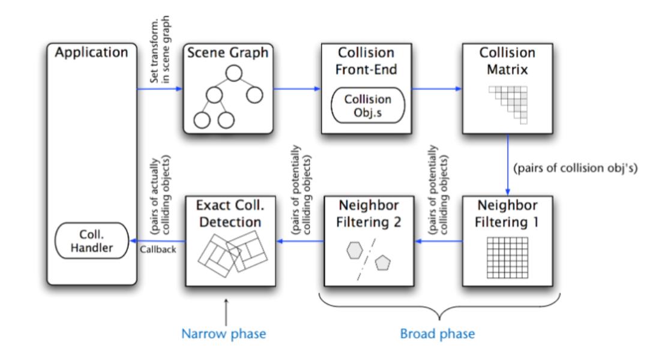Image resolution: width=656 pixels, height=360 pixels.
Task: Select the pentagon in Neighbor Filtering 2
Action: click(382, 262)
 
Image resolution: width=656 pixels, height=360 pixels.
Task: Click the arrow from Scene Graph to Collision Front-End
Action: click(297, 91)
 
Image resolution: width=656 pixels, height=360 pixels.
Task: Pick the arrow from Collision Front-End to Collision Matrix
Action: click(436, 91)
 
